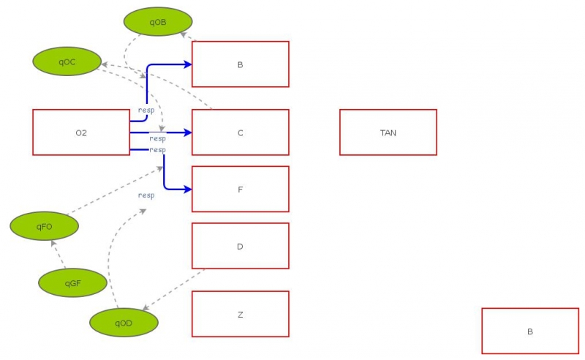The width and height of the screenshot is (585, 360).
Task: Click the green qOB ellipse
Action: (158, 22)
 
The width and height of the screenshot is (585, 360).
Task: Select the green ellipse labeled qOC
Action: (67, 61)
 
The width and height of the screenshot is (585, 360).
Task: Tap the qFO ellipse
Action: (44, 226)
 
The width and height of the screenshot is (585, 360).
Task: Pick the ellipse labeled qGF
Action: (72, 282)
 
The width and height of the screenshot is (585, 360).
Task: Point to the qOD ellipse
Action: (124, 323)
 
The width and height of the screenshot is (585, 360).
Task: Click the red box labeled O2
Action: (81, 132)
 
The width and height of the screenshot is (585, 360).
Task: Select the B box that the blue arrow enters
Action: (240, 64)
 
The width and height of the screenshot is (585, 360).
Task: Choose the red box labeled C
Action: (240, 132)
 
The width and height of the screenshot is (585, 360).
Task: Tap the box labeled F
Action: (240, 189)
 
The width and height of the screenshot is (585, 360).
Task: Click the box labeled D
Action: (240, 246)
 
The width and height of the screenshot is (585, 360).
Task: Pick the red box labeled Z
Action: (240, 314)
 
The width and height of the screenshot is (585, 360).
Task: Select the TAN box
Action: (388, 132)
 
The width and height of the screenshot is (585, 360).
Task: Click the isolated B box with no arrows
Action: (530, 331)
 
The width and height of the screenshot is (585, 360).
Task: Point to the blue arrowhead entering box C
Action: (187, 132)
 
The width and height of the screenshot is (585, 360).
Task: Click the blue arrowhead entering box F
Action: (187, 190)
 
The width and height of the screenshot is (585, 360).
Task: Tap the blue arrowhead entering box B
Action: (187, 64)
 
